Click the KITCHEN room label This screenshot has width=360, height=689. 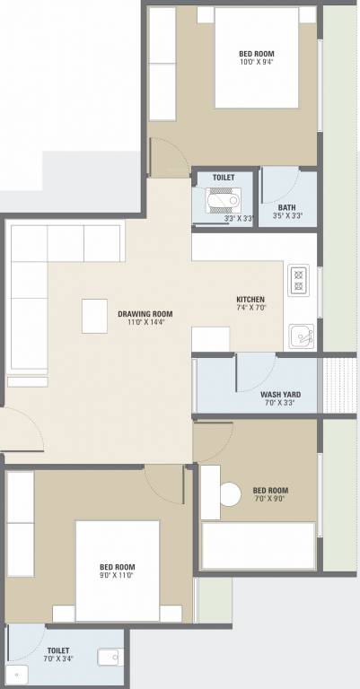pos(250,299)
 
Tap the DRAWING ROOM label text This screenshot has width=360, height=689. pos(145,314)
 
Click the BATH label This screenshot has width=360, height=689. pos(286,206)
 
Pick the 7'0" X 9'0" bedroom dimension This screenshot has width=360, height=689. pos(270,501)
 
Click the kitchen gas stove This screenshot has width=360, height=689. pos(298,281)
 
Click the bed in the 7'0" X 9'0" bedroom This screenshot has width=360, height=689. pos(258,545)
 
